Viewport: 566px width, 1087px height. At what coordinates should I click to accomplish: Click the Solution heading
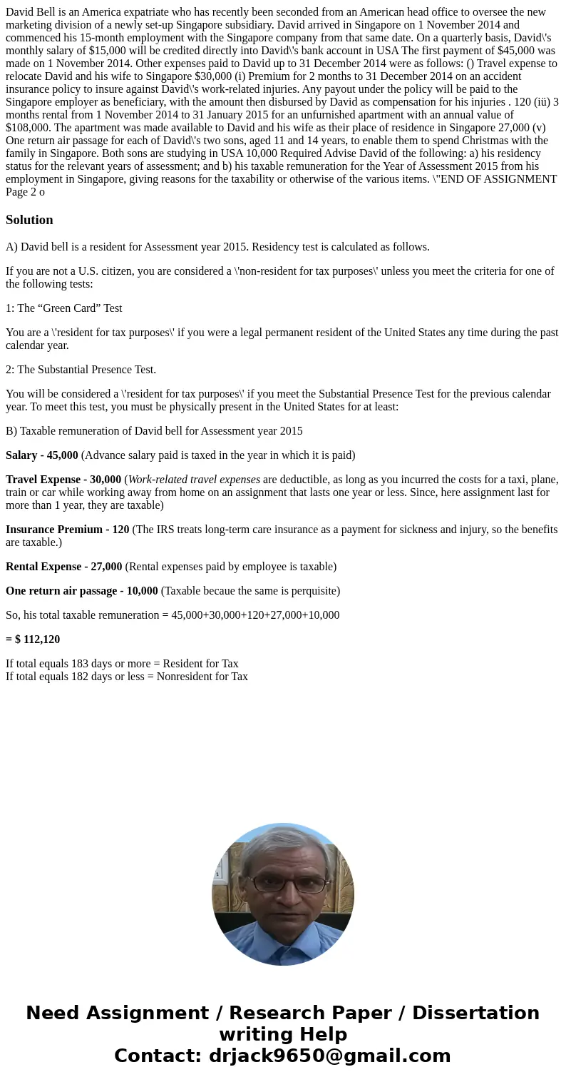[x=29, y=220]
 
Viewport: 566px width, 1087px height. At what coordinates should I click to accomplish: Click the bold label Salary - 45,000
[x=42, y=455]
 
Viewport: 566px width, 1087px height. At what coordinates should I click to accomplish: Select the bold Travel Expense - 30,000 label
[x=63, y=480]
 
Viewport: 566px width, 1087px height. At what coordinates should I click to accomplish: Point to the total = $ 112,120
[x=33, y=639]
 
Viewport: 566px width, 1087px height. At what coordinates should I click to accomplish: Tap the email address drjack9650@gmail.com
[x=329, y=1056]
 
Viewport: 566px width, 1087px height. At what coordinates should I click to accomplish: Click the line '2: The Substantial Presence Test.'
[x=81, y=370]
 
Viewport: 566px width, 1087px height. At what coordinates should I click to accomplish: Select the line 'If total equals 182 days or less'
[x=127, y=677]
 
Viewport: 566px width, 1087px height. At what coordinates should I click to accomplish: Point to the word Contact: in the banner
[x=158, y=1056]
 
